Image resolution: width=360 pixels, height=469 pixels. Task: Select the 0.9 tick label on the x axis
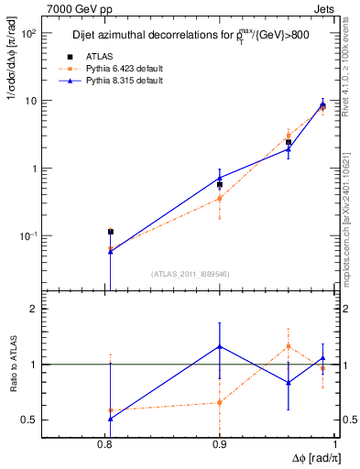[x=220, y=443]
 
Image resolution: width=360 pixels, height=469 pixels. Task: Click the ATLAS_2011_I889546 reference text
[x=191, y=272]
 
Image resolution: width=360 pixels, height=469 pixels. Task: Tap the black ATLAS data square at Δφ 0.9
[x=220, y=184]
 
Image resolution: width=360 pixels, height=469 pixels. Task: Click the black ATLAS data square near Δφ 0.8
[x=110, y=232]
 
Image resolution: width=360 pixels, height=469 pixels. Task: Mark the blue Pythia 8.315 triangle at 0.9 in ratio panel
[x=220, y=346]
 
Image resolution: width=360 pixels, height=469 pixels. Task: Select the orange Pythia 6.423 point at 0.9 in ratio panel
[x=220, y=402]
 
